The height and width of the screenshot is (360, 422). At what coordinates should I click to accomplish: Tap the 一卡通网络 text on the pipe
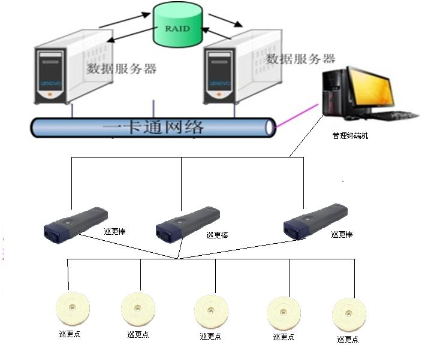[x=153, y=127]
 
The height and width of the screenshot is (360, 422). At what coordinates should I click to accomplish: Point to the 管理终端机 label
[x=350, y=136]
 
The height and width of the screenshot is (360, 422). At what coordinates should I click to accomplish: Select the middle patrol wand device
[x=187, y=222]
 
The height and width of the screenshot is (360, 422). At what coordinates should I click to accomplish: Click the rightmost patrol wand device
[x=315, y=220]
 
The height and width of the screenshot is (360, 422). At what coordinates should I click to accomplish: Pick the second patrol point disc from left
[x=138, y=309]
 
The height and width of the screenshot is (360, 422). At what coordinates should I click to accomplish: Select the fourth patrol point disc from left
[x=284, y=312]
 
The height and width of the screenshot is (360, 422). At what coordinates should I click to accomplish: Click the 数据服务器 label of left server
[x=122, y=68]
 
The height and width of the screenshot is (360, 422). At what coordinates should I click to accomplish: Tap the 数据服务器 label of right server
[x=300, y=59]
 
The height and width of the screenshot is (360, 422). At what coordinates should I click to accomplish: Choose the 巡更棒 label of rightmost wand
[x=342, y=234]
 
